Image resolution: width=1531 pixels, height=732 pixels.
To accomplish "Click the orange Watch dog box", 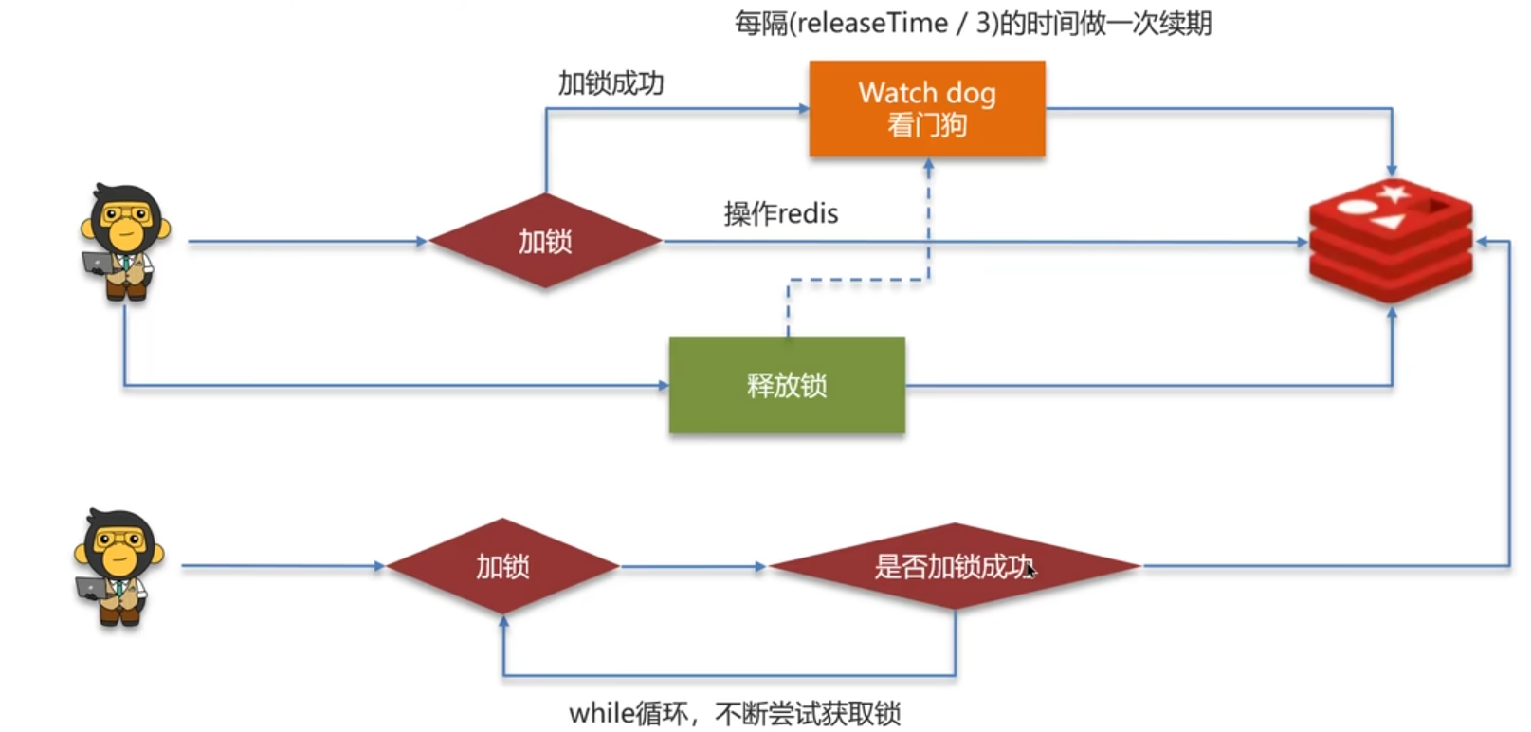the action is (x=926, y=108).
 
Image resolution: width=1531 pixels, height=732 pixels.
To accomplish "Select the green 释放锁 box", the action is (x=787, y=385).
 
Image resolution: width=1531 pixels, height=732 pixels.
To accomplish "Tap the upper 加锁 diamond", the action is (x=545, y=241).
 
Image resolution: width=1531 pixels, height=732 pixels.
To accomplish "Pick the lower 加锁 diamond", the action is (x=502, y=566).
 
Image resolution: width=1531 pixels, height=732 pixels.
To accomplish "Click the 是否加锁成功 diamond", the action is (x=954, y=566).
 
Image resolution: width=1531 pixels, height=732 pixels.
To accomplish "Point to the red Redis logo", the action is (x=1391, y=241).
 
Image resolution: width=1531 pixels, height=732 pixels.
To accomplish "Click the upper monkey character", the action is (x=124, y=242).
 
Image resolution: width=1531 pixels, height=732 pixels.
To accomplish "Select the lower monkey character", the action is (x=118, y=567).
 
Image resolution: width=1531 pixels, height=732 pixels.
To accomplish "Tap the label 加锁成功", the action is (x=611, y=83).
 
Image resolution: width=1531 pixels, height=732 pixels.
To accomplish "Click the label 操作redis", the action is (x=781, y=213).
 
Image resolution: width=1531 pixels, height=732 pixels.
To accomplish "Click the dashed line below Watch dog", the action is (x=928, y=228).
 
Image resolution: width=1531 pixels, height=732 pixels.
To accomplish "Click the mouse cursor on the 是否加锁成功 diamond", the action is (x=1030, y=570).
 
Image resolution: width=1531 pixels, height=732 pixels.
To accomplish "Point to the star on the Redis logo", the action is (x=1394, y=194).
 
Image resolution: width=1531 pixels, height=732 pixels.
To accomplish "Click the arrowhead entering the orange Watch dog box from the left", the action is (x=803, y=109).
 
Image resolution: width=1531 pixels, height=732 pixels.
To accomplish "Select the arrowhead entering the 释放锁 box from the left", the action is (x=663, y=385).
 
